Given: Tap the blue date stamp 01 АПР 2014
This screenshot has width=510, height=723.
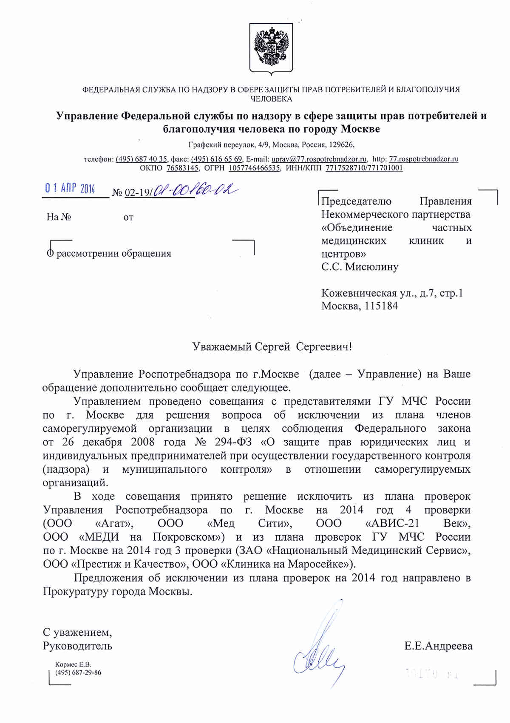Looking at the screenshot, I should click(70, 188).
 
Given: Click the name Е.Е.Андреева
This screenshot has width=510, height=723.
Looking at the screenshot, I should click(438, 646).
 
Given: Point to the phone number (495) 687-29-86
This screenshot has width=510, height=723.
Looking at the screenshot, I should click(78, 673).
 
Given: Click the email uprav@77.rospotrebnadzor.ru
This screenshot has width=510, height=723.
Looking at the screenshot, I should click(319, 159).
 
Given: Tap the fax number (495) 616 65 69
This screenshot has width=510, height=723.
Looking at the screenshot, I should click(217, 159).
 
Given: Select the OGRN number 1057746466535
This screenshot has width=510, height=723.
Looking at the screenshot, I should click(254, 168).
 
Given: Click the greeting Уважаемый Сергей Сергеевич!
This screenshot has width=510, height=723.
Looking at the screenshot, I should click(272, 347).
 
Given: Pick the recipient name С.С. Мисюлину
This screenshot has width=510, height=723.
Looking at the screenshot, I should click(360, 267).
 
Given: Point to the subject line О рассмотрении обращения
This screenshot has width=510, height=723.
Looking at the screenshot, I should click(109, 253).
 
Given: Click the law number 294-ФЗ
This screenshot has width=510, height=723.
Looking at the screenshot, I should click(233, 442).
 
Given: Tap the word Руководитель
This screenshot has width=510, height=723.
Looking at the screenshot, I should click(77, 646).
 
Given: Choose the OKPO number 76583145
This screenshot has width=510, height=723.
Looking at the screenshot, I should click(182, 168).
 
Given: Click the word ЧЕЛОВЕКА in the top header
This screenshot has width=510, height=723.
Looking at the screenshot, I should click(271, 99).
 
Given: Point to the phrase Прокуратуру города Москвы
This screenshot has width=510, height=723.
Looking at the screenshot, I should click(117, 591).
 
